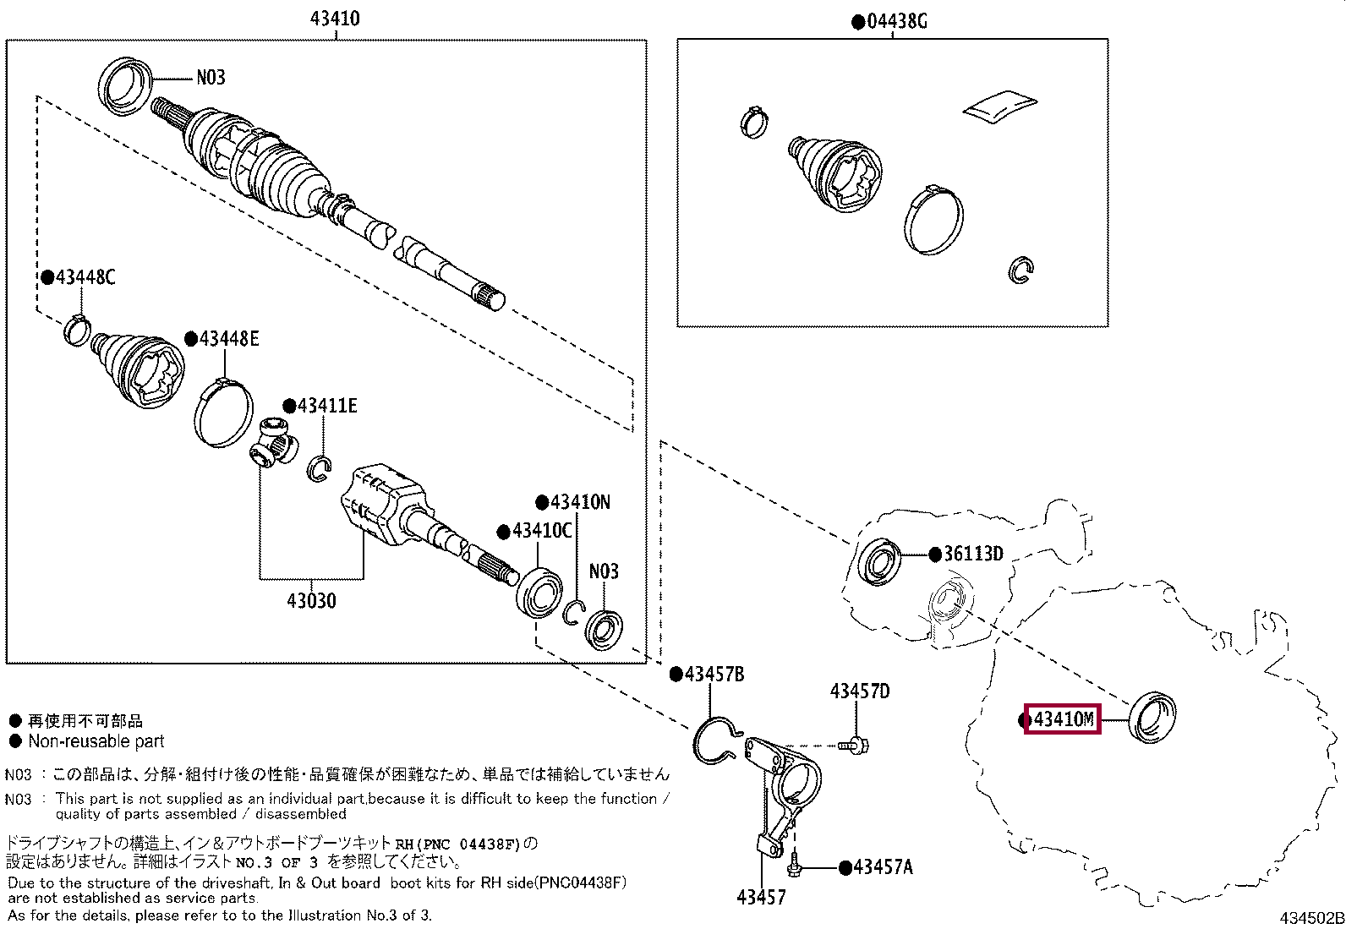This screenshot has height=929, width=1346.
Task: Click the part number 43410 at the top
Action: pos(335,18)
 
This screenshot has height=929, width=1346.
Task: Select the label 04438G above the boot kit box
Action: pos(896,21)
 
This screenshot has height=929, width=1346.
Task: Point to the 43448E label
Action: pos(228,339)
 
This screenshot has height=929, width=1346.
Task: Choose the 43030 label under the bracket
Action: pos(311,601)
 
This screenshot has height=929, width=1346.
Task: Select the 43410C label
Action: pos(542,531)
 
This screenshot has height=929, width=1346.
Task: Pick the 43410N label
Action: pos(579,502)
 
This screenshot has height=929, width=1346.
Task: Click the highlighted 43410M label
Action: pos(1063,719)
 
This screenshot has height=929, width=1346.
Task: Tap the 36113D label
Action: pos(972,555)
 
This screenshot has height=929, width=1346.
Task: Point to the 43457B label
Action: pos(714,674)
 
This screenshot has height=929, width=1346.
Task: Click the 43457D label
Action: pos(860,691)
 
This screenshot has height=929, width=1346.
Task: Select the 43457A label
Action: pos(882,867)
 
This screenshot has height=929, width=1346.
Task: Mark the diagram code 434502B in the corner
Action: pos(1310,918)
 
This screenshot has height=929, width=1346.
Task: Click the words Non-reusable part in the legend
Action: pos(96,741)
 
